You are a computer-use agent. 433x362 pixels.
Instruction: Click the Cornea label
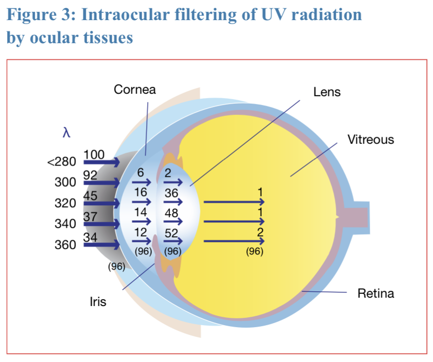point(134,89)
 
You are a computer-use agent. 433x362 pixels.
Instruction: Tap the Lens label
point(327,92)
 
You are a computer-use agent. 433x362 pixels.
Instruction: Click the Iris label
point(98,302)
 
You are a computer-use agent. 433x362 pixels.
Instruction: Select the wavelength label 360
point(65,245)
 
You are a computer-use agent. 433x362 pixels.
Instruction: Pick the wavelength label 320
point(65,203)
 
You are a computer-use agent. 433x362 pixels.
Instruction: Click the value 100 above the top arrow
point(94,154)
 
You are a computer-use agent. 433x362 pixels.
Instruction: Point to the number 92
point(91,175)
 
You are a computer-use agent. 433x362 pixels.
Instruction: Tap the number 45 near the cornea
point(91,195)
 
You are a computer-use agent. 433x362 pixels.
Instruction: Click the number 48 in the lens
point(171,214)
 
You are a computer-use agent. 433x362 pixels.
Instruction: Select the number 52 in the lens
point(171,233)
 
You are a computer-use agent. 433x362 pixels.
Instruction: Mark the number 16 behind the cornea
point(141,192)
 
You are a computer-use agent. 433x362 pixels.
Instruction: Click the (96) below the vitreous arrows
point(255,252)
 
